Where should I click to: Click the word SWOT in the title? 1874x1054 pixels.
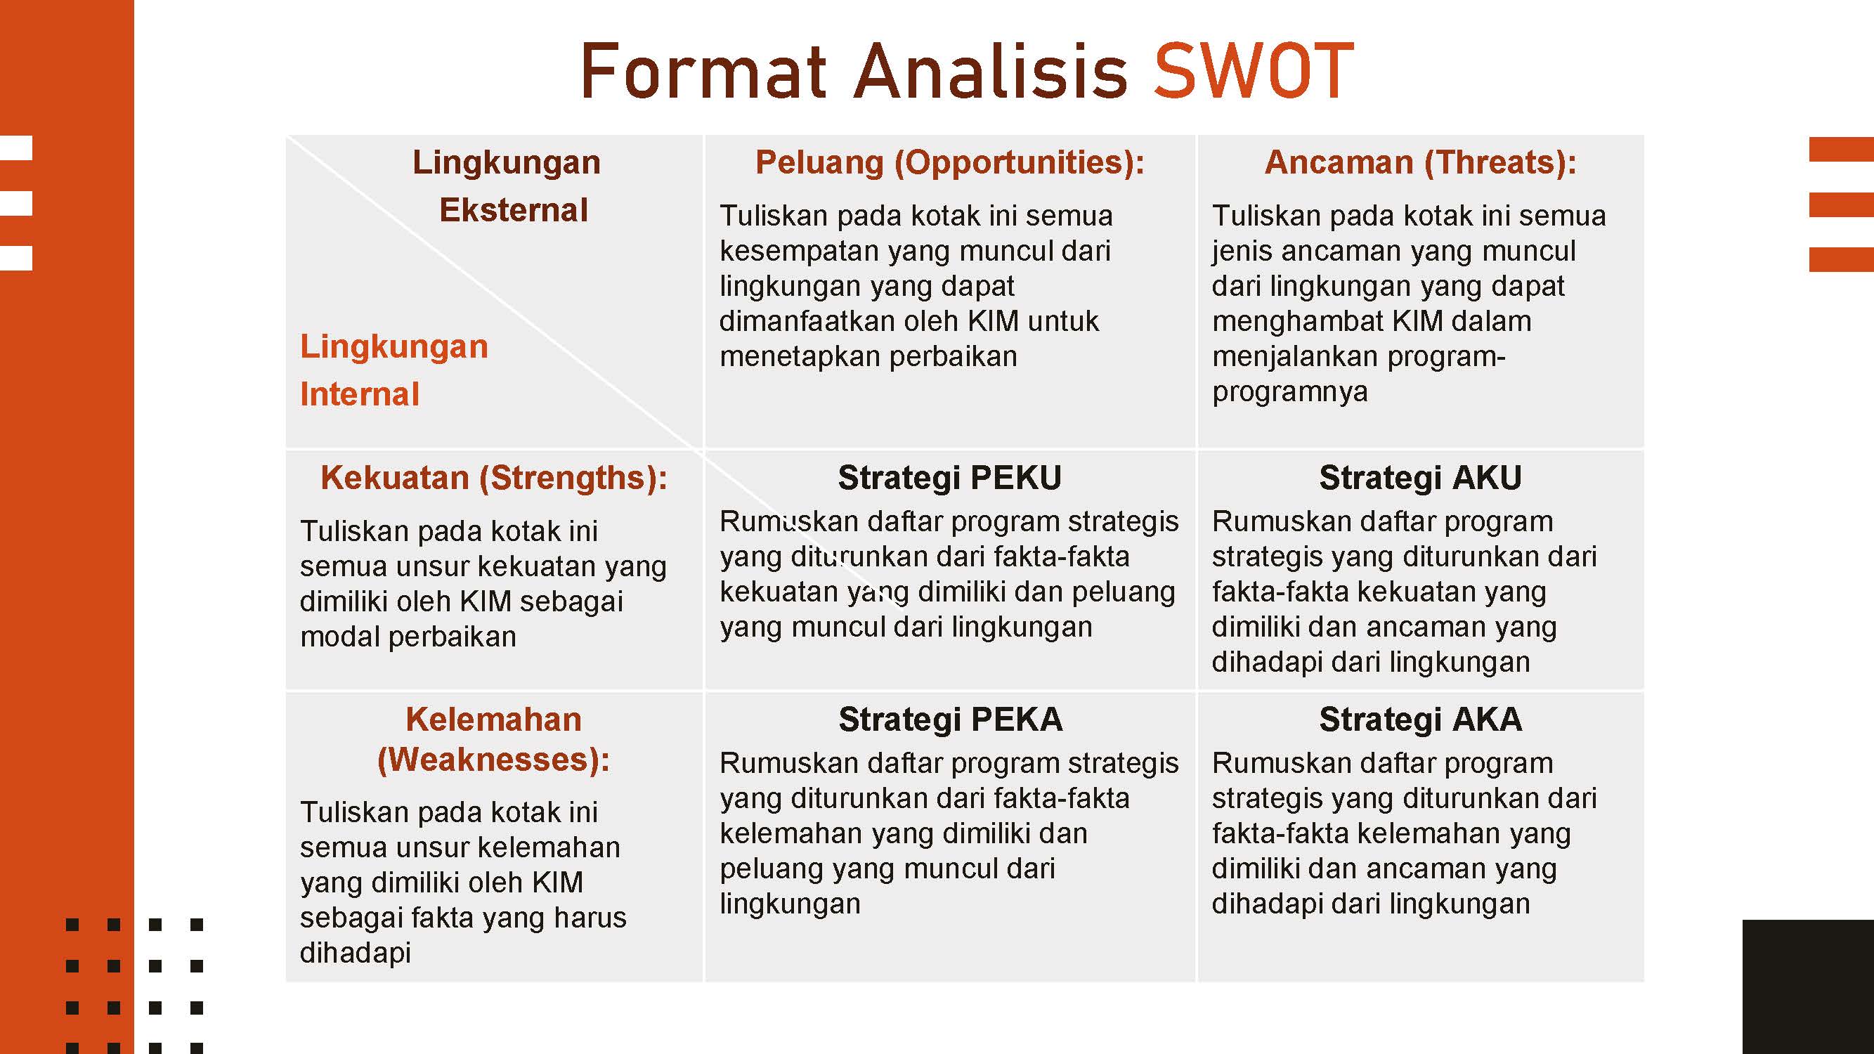pos(1254,70)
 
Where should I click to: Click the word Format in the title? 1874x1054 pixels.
pos(703,70)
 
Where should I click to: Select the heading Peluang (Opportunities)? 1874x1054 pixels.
pos(949,162)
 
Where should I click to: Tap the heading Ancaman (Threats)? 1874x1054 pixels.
pos(1420,162)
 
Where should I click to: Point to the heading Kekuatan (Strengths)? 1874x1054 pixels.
pos(494,478)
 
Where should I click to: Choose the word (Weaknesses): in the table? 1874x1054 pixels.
pos(493,760)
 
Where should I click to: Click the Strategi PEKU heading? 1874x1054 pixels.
pos(949,478)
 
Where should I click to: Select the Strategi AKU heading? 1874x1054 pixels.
pos(1420,478)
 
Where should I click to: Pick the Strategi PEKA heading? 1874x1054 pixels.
pos(950,720)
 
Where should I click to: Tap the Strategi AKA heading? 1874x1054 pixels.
pos(1420,720)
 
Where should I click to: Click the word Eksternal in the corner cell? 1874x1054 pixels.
pos(514,210)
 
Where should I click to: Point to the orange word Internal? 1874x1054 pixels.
pos(359,394)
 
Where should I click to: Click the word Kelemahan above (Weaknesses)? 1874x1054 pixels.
pos(493,720)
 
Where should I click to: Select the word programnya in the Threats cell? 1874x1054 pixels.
pos(1290,392)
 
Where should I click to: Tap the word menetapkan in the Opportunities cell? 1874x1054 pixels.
pos(798,356)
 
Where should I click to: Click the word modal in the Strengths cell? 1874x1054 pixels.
pos(339,637)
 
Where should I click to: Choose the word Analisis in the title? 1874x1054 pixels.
pos(990,70)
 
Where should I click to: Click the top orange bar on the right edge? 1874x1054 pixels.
pos(1841,149)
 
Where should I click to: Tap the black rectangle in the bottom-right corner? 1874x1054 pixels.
pos(1808,987)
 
